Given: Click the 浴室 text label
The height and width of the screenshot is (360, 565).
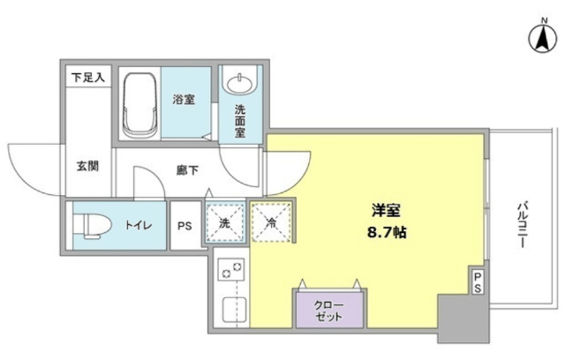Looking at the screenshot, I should [x=184, y=100].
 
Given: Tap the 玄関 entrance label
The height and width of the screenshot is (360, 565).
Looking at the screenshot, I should [x=87, y=165].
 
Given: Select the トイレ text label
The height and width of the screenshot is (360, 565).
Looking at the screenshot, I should [x=137, y=227].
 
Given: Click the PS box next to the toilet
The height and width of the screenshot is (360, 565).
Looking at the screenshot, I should [x=185, y=226].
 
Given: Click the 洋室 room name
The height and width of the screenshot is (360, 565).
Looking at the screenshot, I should [x=386, y=211].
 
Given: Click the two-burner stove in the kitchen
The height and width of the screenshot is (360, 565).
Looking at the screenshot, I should [x=231, y=273].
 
